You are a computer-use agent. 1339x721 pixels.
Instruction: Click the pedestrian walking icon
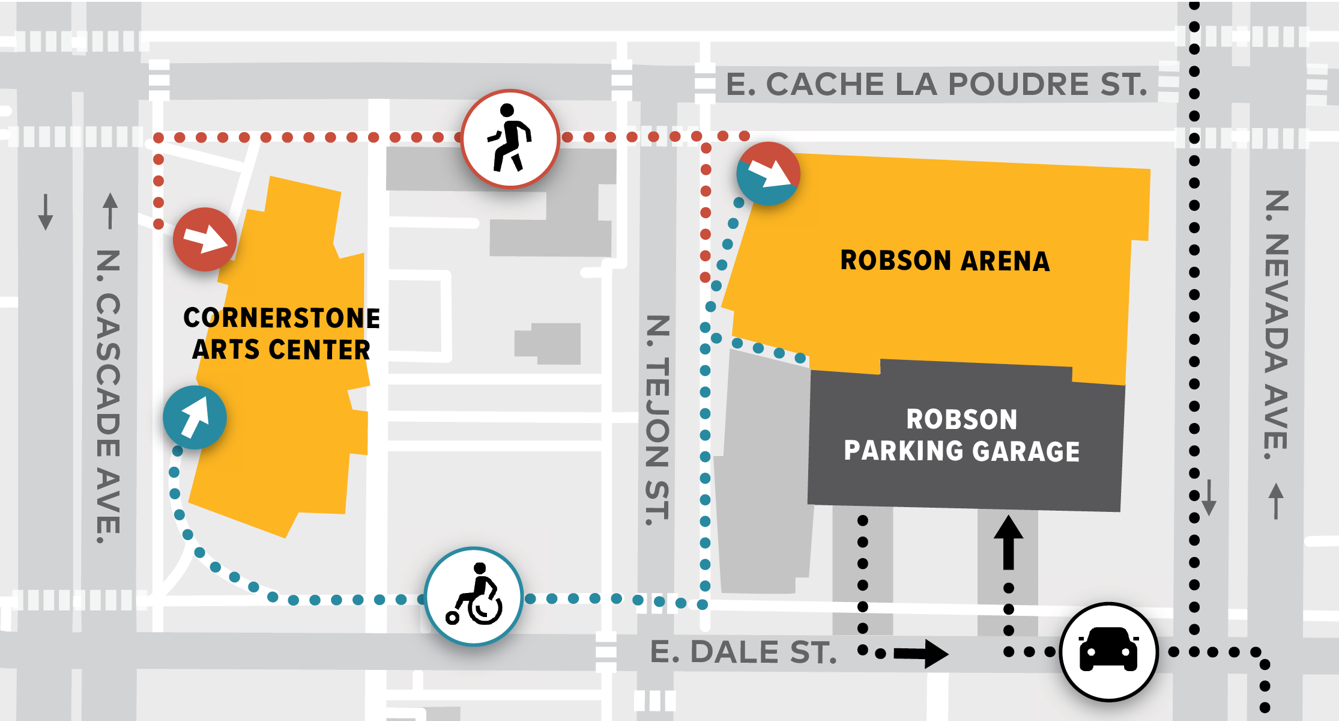(x=510, y=139)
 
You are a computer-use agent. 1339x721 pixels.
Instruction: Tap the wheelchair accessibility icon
(x=474, y=596)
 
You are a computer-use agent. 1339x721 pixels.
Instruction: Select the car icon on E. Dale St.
(x=1108, y=651)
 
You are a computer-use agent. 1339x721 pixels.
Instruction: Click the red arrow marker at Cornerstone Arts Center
(x=205, y=239)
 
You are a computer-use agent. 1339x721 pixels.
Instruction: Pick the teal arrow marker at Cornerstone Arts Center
(x=195, y=418)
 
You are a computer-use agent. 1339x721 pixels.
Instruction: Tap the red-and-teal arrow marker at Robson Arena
(x=768, y=174)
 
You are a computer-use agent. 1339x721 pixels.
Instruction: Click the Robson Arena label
(x=945, y=261)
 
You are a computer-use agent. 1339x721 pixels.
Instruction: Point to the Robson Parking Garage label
(x=961, y=436)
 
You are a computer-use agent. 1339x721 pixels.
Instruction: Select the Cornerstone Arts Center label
(x=281, y=333)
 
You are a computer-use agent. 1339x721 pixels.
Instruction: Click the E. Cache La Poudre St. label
(x=936, y=84)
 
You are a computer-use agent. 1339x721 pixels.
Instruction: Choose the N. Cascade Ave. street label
(x=109, y=397)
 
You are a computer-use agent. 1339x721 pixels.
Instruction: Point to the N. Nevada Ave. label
(x=1277, y=324)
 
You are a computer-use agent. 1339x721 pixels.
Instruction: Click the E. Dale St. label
(x=743, y=653)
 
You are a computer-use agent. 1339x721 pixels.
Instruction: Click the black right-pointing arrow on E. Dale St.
(x=921, y=653)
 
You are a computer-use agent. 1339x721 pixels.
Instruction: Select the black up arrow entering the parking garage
(x=1009, y=542)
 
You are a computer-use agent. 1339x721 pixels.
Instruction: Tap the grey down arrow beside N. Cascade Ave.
(x=46, y=211)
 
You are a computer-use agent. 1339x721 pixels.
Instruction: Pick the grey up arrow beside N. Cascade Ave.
(x=110, y=210)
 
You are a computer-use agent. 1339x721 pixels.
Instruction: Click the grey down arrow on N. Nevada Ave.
(x=1209, y=497)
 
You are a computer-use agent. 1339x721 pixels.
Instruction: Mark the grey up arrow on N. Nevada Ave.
(x=1277, y=500)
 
